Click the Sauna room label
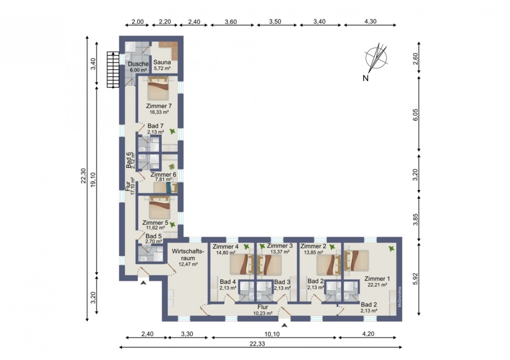pyautogui.click(x=162, y=62)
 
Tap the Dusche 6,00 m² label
pyautogui.click(x=138, y=67)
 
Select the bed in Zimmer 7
pyautogui.click(x=158, y=88)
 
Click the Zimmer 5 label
pyautogui.click(x=155, y=222)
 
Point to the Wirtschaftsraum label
pyautogui.click(x=188, y=255)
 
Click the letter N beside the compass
pyautogui.click(x=366, y=78)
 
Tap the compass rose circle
pyautogui.click(x=376, y=58)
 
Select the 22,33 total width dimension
pyautogui.click(x=257, y=343)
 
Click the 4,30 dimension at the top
pyautogui.click(x=370, y=21)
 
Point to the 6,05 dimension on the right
pyautogui.click(x=416, y=115)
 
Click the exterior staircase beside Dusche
pyautogui.click(x=113, y=69)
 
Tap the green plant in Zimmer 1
pyautogui.click(x=391, y=249)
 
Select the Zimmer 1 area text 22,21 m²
pyautogui.click(x=377, y=284)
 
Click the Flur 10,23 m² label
pyautogui.click(x=263, y=310)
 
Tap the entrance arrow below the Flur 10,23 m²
pyautogui.click(x=284, y=325)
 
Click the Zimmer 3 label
pyautogui.click(x=280, y=246)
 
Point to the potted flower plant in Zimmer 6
pyautogui.click(x=171, y=167)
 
